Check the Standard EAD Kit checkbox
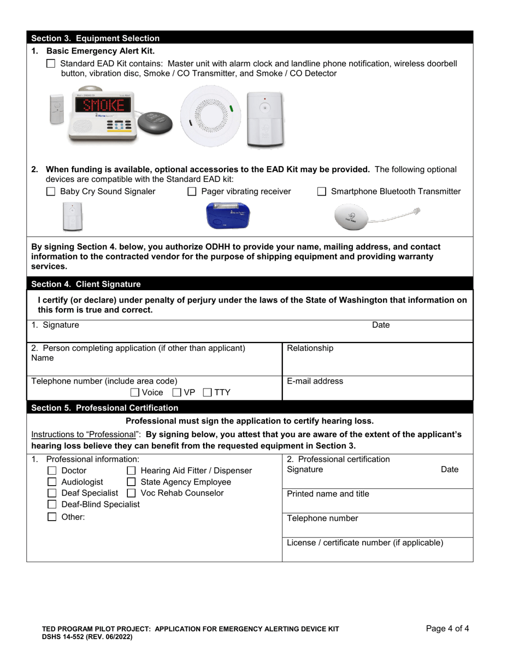tap(51, 63)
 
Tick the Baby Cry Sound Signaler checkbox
tap(51, 192)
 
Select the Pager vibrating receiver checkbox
tap(192, 192)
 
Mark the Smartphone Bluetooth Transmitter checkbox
tap(322, 192)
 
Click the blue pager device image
tap(227, 216)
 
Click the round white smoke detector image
tap(210, 114)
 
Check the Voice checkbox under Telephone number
tap(135, 392)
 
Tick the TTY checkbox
tap(208, 392)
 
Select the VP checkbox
tap(177, 392)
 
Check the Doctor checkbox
tap(52, 470)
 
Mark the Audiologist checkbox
tap(52, 482)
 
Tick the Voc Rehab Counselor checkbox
tap(131, 493)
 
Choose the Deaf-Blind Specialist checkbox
tap(52, 504)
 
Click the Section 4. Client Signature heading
tap(86, 284)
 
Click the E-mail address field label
tap(315, 381)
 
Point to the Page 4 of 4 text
tap(447, 628)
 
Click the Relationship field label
tap(310, 348)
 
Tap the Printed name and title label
tap(328, 494)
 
